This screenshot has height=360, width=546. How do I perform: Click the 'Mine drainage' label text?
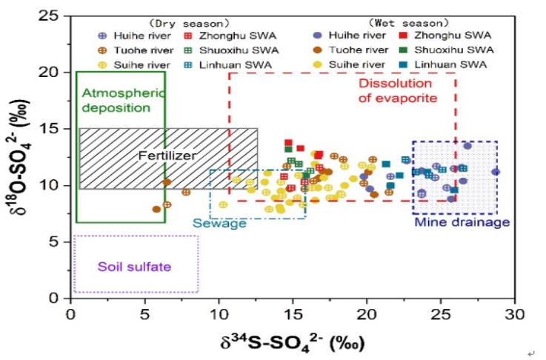point(462,222)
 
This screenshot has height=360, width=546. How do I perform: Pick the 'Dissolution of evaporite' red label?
point(398,90)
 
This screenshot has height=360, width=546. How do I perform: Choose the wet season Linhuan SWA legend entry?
point(445,65)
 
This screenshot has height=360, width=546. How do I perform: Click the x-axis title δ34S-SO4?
point(292,343)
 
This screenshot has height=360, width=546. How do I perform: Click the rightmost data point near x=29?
point(496,171)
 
